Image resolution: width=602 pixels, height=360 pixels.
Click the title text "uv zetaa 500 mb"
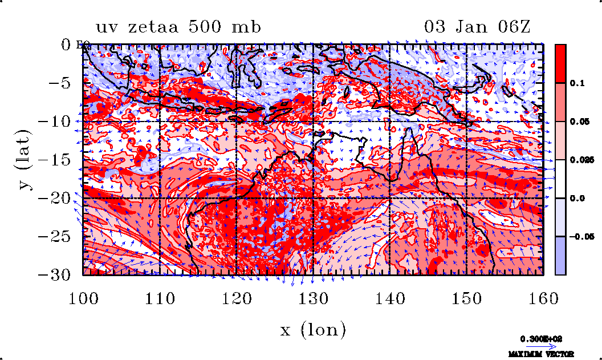pos(178,27)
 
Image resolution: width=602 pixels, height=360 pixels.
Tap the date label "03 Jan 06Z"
pos(478,27)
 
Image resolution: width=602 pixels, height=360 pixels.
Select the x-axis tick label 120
pos(235,297)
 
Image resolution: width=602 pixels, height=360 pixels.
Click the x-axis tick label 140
pos(389,297)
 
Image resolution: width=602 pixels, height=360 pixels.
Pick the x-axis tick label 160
pos(542,297)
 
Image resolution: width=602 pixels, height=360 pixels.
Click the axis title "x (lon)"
pos(313,329)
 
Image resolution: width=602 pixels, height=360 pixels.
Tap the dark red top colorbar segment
pos(560,63)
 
